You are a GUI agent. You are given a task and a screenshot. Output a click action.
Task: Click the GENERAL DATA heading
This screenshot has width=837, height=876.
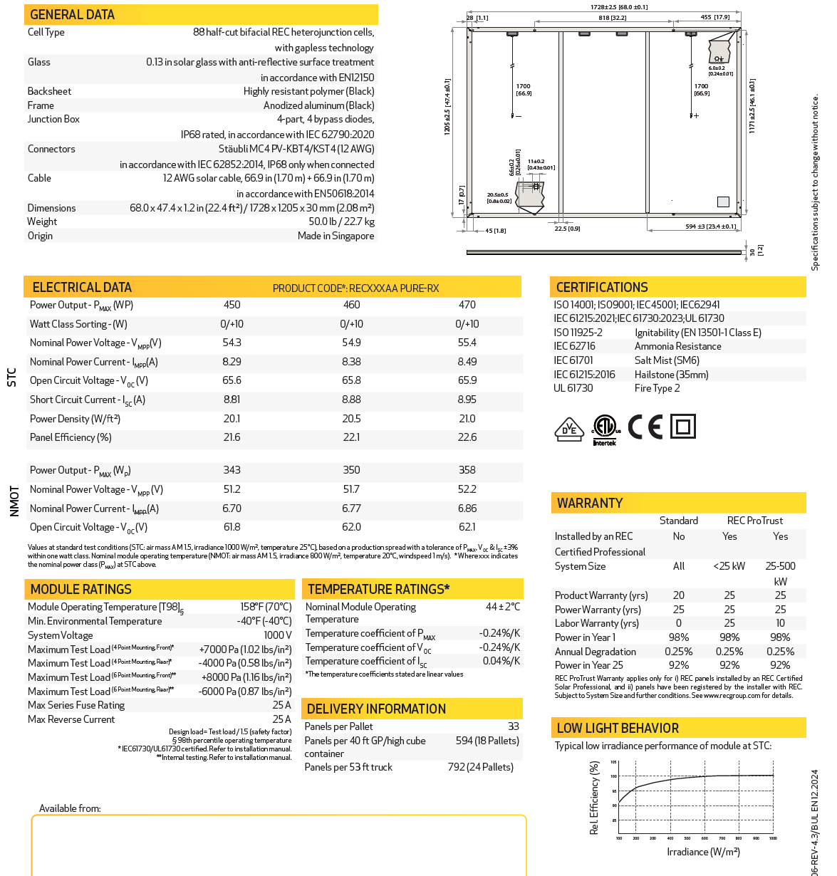[x=72, y=15]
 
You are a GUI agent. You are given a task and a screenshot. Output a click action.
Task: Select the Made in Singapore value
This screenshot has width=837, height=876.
[x=336, y=236]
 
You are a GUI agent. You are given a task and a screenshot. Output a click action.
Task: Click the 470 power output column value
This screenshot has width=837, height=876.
[x=467, y=305]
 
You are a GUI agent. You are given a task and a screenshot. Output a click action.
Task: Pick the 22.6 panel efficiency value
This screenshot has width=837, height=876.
[x=467, y=437]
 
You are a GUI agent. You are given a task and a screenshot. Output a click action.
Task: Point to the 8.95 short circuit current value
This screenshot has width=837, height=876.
[x=467, y=400]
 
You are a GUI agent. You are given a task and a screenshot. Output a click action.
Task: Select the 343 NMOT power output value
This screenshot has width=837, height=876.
[x=232, y=470]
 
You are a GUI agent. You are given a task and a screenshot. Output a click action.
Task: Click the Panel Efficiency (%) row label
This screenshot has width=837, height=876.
[x=71, y=437]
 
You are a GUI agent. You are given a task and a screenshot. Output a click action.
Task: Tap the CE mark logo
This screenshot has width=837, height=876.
[x=645, y=427]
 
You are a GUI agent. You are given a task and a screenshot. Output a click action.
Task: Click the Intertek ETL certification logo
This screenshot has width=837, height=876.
[x=605, y=429]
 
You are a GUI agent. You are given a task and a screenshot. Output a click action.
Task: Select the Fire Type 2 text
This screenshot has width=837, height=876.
[x=657, y=388]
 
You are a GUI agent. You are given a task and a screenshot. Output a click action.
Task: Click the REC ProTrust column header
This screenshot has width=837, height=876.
[x=754, y=521]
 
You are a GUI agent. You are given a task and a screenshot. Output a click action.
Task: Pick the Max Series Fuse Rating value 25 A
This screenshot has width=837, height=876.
[x=282, y=705]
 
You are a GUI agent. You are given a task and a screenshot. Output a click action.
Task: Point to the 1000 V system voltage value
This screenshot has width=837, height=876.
[x=278, y=635]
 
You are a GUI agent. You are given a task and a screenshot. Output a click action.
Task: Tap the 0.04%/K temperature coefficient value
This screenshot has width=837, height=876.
[x=501, y=661]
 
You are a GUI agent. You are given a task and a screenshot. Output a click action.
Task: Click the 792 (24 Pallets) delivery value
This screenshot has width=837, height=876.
[x=480, y=767]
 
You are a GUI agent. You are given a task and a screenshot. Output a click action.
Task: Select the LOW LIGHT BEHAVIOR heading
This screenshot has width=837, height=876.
[x=618, y=728]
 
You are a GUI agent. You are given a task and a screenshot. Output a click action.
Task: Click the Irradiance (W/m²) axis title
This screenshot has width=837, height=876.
[x=703, y=852]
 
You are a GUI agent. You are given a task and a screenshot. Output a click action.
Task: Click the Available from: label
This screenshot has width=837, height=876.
[x=70, y=808]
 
